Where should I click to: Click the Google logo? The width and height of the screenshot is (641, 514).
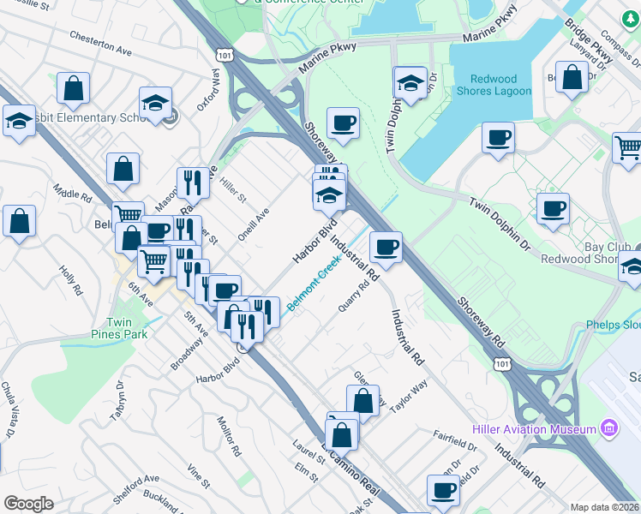pos(28,504)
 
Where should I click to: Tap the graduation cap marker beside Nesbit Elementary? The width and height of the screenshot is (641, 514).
pos(156,103)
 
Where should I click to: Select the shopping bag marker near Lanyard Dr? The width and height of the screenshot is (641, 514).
pos(572,77)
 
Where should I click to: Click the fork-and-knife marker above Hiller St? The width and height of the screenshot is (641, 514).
pos(193,182)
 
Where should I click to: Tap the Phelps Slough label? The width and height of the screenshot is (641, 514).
pos(613,326)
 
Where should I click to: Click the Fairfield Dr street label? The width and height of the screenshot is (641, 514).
pos(455,441)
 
